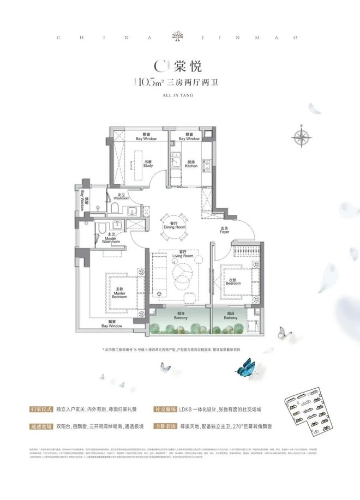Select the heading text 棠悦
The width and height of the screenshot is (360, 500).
click(x=189, y=67)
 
